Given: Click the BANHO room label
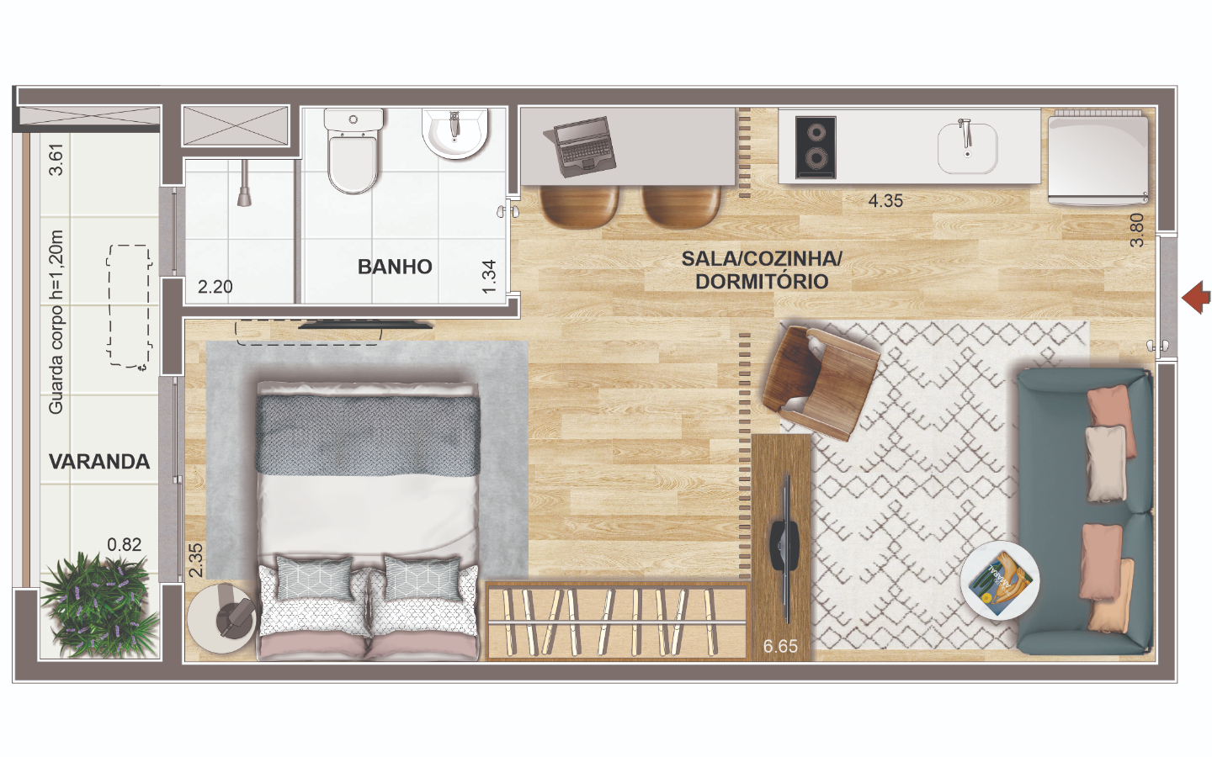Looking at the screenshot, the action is pyautogui.click(x=395, y=267).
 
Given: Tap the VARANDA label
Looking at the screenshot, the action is pyautogui.click(x=99, y=461).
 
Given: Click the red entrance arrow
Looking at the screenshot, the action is pyautogui.click(x=1196, y=297).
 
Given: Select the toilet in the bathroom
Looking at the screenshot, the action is pyautogui.click(x=353, y=151).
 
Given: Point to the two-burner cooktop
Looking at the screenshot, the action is pyautogui.click(x=816, y=147).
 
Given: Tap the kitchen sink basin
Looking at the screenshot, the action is pyautogui.click(x=967, y=148).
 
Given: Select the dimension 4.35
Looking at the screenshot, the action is pyautogui.click(x=885, y=200).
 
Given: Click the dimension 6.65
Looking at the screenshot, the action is pyautogui.click(x=780, y=646).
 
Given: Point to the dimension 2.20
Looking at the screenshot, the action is pyautogui.click(x=215, y=287).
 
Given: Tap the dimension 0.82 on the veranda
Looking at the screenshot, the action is pyautogui.click(x=124, y=544).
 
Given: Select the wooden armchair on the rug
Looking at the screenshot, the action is pyautogui.click(x=820, y=381).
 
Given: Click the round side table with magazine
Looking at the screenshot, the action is pyautogui.click(x=1000, y=580).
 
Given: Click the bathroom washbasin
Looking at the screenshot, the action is pyautogui.click(x=455, y=134).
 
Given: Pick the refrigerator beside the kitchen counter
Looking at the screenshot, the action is pyautogui.click(x=1098, y=157).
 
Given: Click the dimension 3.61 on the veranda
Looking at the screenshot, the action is pyautogui.click(x=56, y=160).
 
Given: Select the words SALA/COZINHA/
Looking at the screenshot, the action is pyautogui.click(x=761, y=258).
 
